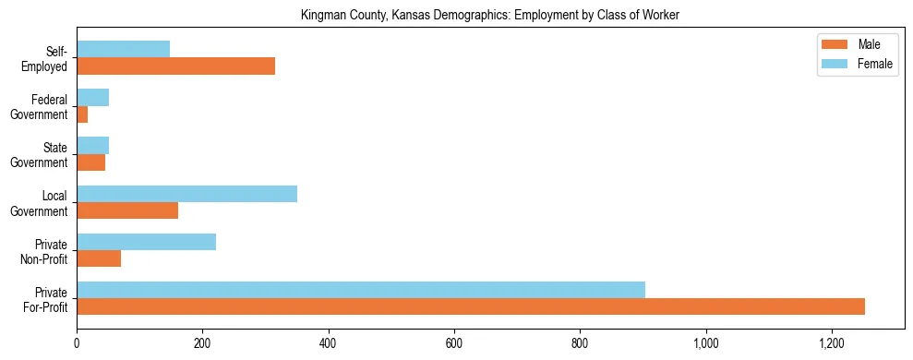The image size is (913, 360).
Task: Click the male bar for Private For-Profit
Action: [x=471, y=306]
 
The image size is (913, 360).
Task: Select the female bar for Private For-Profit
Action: [x=361, y=290]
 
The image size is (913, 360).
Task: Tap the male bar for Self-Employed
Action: [x=175, y=66]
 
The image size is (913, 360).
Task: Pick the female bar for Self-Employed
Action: [x=123, y=49]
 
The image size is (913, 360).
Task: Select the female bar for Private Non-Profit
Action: [x=146, y=242]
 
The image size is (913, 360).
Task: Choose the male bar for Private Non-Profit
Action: [x=99, y=258]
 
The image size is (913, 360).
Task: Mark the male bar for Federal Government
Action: [x=82, y=114]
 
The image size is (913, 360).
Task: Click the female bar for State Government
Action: [x=92, y=146]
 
